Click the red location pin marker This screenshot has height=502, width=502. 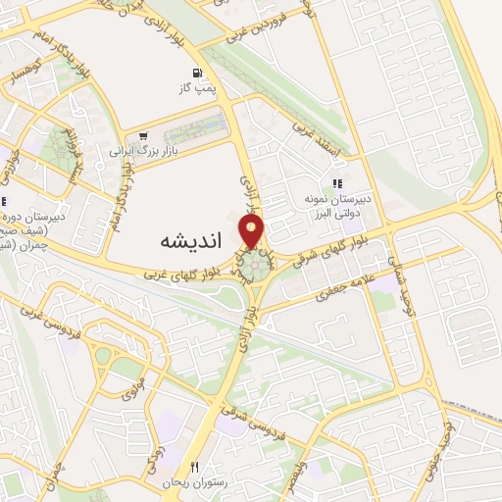[253, 231]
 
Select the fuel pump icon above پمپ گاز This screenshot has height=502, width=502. [198, 73]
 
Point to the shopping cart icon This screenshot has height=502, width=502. [144, 136]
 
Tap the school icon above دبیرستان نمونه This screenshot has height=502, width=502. [337, 182]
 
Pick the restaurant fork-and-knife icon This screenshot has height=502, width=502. [195, 467]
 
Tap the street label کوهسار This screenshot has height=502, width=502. [21, 73]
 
